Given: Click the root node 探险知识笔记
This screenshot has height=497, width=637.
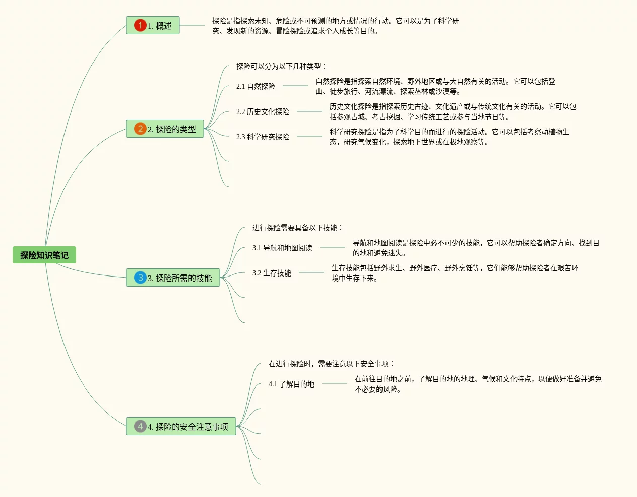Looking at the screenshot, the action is (44, 255).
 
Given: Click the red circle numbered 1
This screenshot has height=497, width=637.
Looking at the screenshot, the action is (140, 25).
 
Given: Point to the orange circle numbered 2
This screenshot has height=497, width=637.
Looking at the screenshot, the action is (140, 129).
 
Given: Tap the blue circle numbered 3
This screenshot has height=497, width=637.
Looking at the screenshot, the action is (140, 278).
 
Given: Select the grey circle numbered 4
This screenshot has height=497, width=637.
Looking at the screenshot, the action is (140, 426).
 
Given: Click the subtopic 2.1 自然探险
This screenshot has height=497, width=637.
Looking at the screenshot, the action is (256, 86).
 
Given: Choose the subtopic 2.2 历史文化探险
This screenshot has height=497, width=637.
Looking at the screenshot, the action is (263, 112).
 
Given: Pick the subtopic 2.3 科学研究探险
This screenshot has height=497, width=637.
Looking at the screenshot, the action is (263, 137).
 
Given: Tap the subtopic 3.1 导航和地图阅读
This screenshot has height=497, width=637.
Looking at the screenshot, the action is (282, 248).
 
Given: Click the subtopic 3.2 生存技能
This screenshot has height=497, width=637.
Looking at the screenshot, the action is (272, 273).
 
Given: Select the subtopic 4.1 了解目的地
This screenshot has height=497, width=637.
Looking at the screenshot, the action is (291, 384).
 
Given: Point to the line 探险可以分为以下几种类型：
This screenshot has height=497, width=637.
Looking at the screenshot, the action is (281, 66).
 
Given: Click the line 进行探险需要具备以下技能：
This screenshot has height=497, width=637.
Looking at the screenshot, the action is (297, 228).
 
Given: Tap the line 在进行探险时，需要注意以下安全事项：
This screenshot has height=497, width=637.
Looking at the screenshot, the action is (331, 364).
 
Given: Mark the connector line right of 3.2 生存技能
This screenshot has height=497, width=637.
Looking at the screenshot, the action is (311, 272).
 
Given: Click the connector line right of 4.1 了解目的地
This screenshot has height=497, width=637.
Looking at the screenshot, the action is (335, 383).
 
